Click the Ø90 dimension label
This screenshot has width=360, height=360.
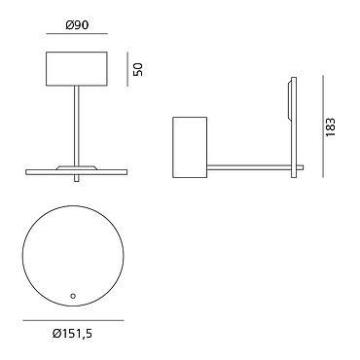click(x=77, y=25)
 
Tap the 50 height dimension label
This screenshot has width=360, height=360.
click(x=138, y=69)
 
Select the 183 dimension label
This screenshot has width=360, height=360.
click(x=331, y=126)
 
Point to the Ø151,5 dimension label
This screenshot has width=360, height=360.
click(x=72, y=333)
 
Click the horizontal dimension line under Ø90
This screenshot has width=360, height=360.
click(x=77, y=33)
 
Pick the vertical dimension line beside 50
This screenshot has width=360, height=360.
click(x=127, y=69)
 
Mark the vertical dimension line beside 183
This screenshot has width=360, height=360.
click(x=323, y=126)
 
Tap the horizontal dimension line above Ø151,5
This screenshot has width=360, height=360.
click(x=73, y=320)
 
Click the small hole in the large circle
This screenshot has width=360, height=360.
click(x=73, y=296)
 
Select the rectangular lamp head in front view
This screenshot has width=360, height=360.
click(x=77, y=69)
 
